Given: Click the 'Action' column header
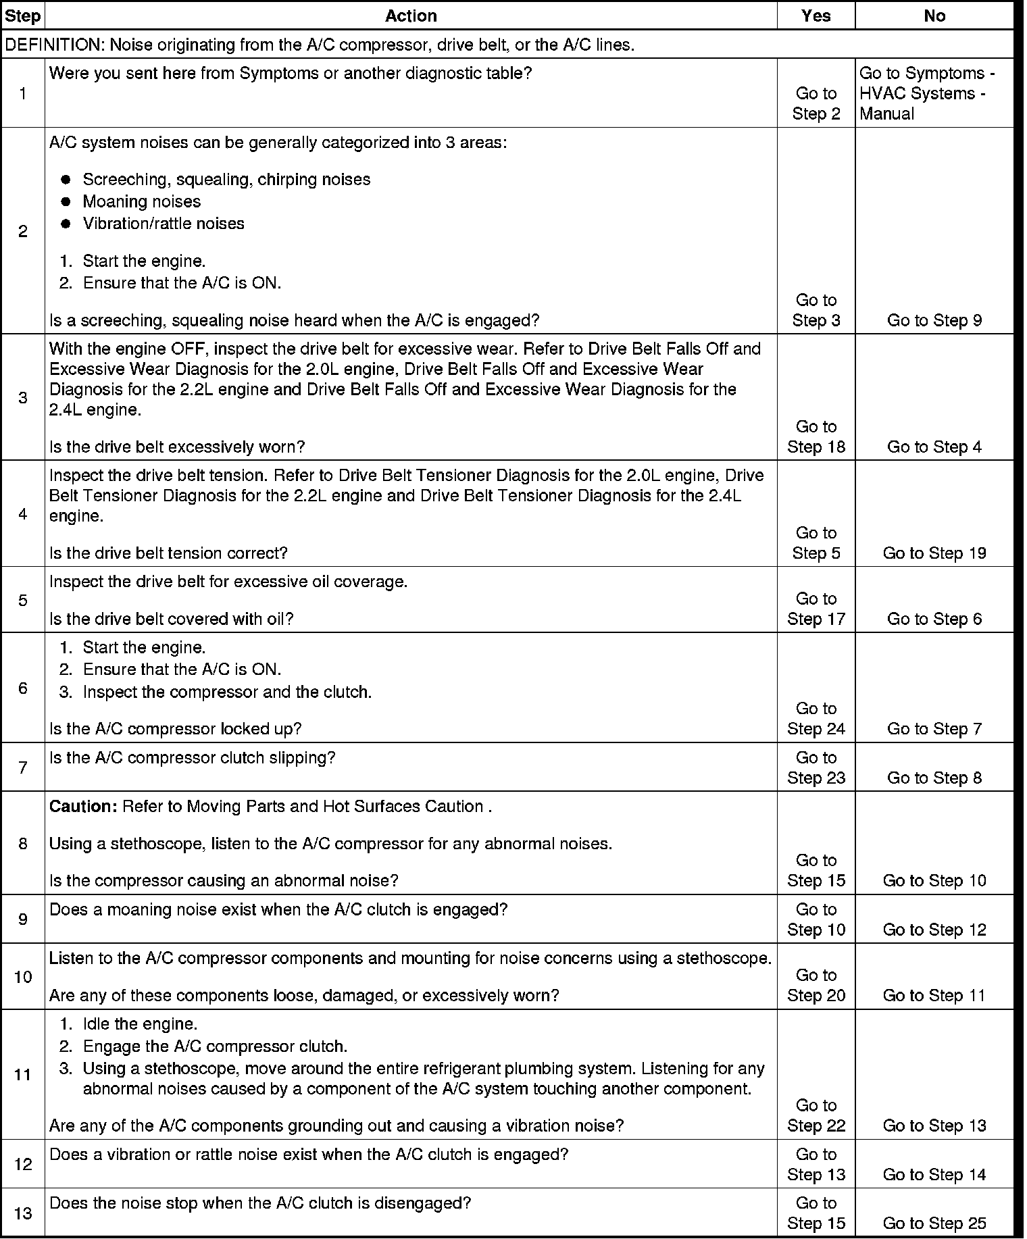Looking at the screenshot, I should pos(411,16).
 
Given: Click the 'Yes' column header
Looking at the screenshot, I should pos(816,16).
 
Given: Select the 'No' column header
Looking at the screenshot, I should pos(934,16).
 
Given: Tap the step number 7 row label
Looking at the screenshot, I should pos(23,767).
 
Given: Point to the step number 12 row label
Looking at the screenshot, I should pos(23,1164).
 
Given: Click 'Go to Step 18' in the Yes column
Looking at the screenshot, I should pos(816,436).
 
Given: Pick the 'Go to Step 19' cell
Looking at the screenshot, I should pos(934,553).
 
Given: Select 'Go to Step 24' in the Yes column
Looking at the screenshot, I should pos(816,719).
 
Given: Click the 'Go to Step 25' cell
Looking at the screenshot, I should pos(934,1223).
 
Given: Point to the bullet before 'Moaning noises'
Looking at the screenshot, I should pos(66,202).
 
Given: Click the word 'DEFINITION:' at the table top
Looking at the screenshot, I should pos(55,45).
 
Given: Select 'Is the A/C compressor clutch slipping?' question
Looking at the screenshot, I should pos(193,758).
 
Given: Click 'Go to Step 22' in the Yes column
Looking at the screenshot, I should pos(816,1115).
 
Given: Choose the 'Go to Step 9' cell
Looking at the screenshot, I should pos(934,321).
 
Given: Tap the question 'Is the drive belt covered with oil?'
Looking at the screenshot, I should pos(172,619).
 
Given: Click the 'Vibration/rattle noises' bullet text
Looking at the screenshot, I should pos(164,224).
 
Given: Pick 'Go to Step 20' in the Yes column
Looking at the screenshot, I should pos(816,985).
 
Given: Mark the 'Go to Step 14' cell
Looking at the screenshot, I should pos(934,1175).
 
